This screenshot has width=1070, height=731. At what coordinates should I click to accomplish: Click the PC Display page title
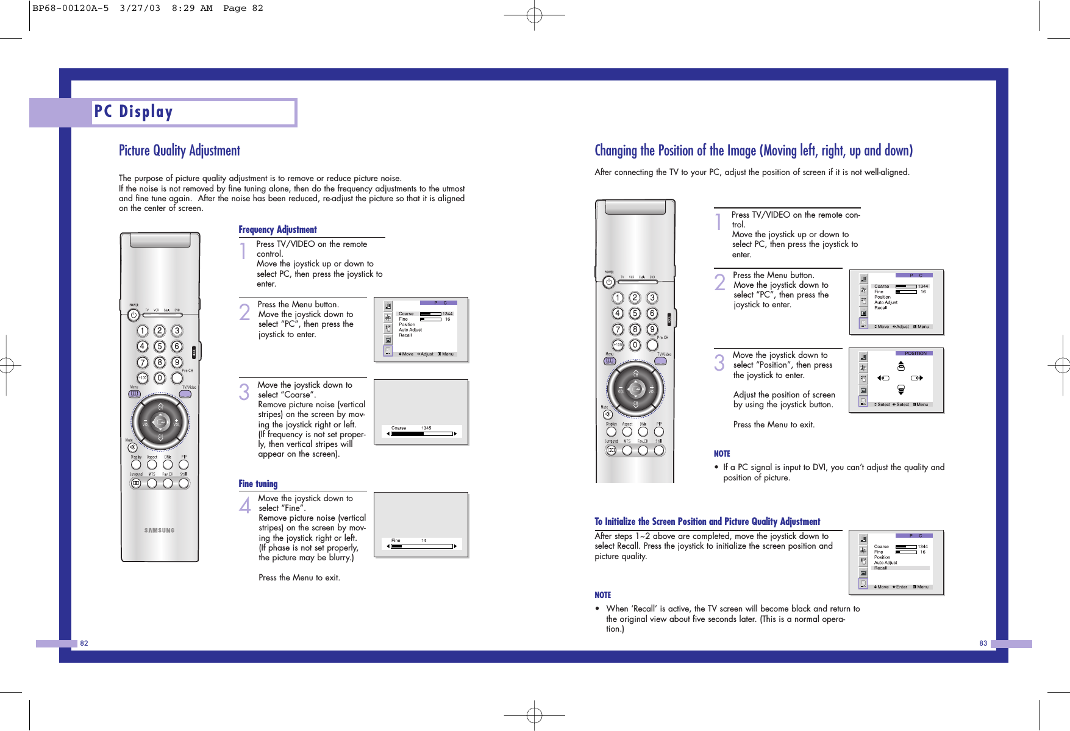point(134,112)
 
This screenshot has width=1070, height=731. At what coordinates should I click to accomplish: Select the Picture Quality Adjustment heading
point(179,151)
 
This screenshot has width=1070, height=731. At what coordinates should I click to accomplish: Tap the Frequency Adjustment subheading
point(277,230)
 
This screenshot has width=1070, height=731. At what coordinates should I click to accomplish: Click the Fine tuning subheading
point(258,484)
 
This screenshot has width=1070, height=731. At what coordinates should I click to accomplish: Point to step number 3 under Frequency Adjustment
point(244,392)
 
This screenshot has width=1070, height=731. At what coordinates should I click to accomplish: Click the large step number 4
point(244,505)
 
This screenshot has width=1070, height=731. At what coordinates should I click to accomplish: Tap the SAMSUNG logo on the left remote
point(159,530)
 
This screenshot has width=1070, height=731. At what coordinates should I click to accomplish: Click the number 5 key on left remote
point(159,346)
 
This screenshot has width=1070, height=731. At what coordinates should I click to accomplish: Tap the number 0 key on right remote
point(635,345)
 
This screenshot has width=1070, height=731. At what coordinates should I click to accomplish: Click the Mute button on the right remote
point(607,415)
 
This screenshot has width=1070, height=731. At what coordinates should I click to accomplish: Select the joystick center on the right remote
point(635,388)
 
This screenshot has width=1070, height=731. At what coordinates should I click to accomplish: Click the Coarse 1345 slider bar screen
point(421,433)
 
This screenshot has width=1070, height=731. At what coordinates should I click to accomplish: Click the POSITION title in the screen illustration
point(915,354)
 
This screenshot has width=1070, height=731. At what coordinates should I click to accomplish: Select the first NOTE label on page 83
point(722,454)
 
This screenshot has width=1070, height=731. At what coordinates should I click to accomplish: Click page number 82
point(84,643)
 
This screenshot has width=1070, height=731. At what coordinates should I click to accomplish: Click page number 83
point(983,643)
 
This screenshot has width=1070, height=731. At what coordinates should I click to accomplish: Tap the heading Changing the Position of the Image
point(754,151)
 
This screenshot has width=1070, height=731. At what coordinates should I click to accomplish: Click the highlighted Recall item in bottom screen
point(881,568)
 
